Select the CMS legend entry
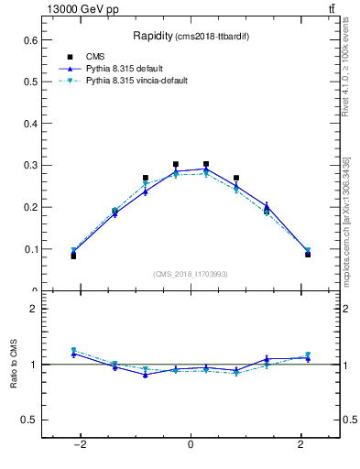click(96, 56)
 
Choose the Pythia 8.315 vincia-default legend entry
click(142, 82)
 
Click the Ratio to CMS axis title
click(15, 364)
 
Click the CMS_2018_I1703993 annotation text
click(190, 274)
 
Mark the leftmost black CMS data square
click(73, 256)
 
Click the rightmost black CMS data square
click(308, 255)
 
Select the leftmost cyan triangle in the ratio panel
click(73, 350)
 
